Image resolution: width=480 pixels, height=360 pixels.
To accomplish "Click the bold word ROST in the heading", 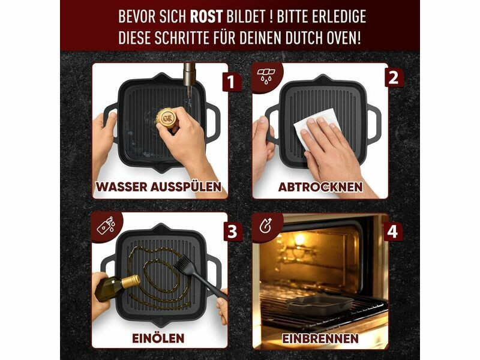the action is [206, 17].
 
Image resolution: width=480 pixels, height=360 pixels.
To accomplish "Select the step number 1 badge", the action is [230, 82].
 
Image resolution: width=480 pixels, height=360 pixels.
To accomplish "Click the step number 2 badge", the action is [394, 78].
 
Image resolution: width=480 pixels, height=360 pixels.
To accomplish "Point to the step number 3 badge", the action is [233, 232].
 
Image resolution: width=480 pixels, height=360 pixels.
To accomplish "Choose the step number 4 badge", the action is [392, 232].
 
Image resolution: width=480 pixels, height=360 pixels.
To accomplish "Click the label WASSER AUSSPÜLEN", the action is [158, 187].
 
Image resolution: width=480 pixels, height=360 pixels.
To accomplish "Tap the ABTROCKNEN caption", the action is [320, 187].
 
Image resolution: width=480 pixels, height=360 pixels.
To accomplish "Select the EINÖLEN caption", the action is [158, 338].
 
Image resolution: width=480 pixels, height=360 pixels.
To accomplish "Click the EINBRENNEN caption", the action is [320, 338].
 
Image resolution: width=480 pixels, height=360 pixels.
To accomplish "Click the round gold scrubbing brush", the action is [167, 118].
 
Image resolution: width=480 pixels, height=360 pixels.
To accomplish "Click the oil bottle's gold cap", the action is [131, 281].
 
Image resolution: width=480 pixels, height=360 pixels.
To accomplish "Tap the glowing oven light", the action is [299, 239].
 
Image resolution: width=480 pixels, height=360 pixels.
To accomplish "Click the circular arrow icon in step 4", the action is [265, 226].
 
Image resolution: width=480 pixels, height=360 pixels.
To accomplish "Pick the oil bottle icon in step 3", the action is [106, 226].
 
